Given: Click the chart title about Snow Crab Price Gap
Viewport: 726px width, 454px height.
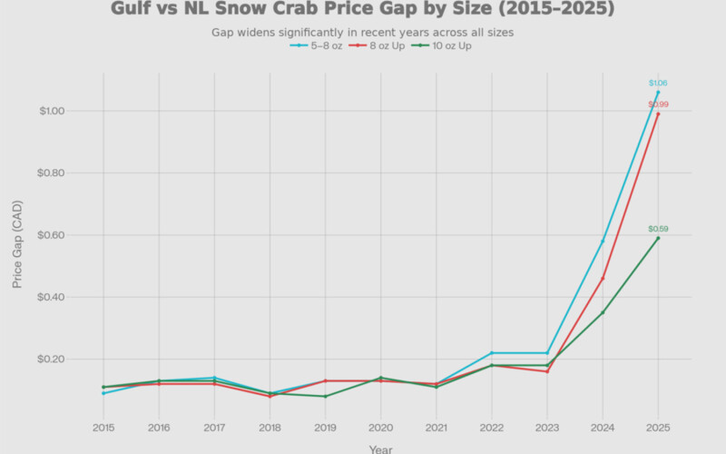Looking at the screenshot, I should pos(362,10).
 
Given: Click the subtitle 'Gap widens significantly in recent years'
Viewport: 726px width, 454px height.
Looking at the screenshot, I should pos(362,33).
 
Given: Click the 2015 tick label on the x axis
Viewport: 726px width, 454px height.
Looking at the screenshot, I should pos(103,427).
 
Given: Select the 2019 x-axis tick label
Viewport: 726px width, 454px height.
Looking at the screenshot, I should pos(325,427).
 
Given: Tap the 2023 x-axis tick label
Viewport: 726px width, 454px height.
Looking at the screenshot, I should pos(547,427).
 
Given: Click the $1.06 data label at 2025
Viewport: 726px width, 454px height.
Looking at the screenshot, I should pos(658,83).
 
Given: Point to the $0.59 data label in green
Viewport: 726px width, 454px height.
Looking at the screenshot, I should pos(658,229).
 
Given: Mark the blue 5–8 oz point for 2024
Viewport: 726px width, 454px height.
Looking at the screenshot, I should pos(603,241).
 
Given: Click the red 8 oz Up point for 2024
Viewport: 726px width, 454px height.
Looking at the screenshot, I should pos(603,278).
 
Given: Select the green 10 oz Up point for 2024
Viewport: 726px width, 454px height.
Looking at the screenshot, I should pos(603,312).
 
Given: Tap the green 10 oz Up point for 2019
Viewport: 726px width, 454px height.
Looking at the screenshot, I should pos(325,396).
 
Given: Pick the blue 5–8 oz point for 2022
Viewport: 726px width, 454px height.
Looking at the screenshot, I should pos(492,352).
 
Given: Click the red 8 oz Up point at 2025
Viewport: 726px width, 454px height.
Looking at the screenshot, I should pos(658,113).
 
